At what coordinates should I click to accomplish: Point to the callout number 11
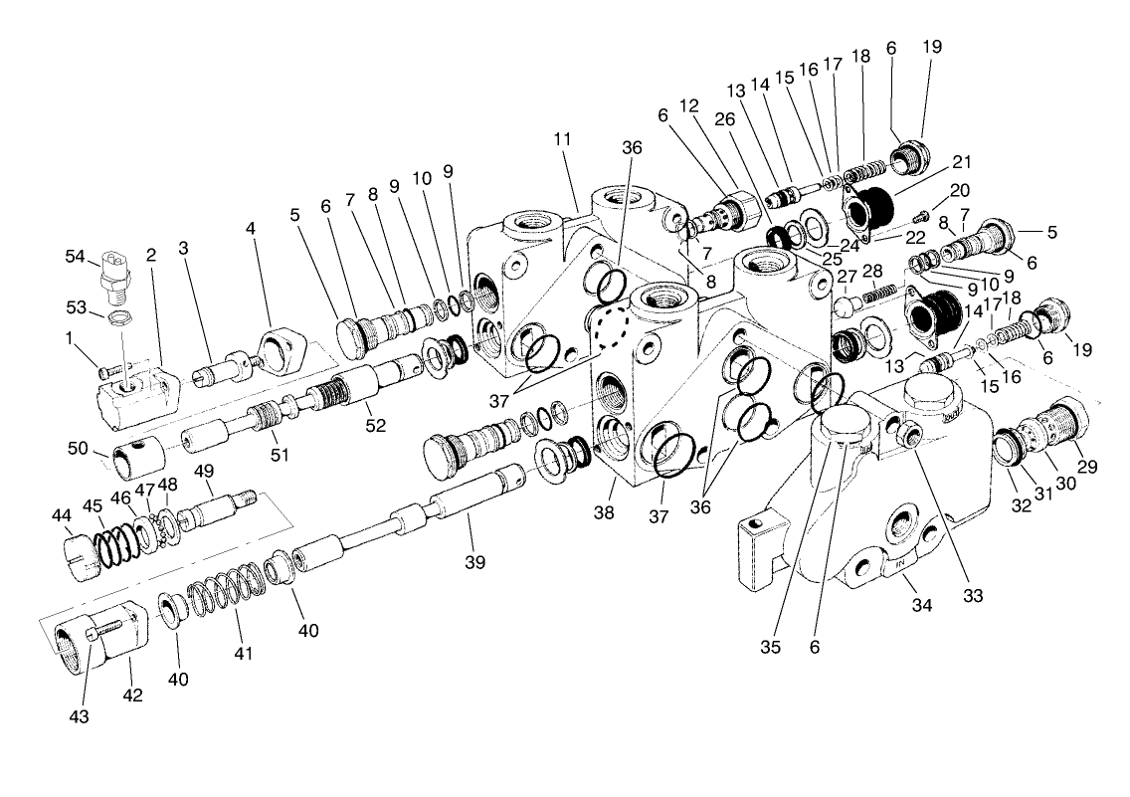[563, 138]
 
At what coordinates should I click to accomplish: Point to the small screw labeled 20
[919, 214]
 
